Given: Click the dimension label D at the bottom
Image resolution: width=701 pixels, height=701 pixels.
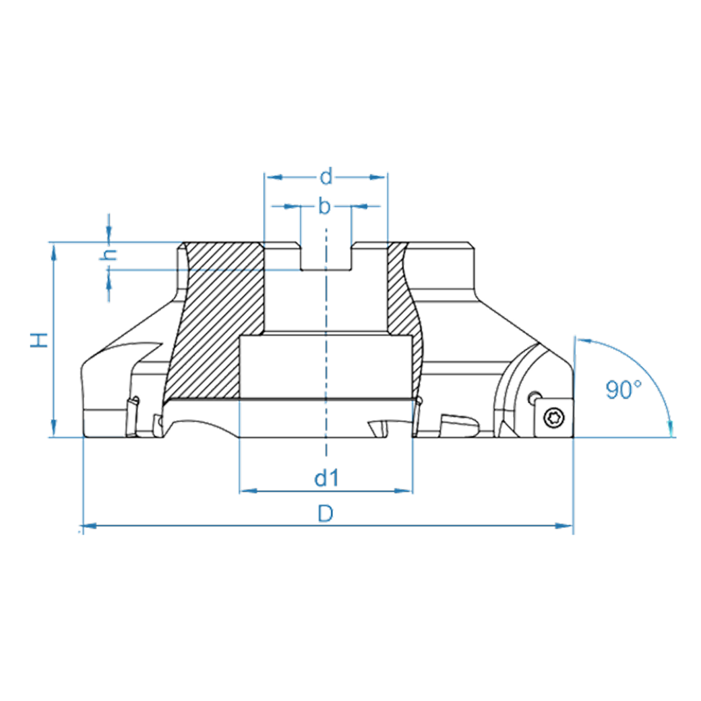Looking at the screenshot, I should (x=326, y=514).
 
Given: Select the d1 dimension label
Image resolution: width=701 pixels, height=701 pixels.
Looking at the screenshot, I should (x=326, y=479).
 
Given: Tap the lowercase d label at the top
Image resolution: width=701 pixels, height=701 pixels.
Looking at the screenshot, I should (x=326, y=177).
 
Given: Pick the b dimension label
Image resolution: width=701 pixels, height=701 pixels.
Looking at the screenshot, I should (x=325, y=207).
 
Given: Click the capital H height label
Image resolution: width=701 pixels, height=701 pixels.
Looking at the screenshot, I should (x=41, y=340).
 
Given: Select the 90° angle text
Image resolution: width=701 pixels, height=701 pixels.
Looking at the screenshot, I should (x=622, y=390).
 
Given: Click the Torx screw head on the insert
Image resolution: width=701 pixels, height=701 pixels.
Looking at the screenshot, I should (x=552, y=418).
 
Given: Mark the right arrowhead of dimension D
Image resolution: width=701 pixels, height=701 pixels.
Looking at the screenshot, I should (x=568, y=525).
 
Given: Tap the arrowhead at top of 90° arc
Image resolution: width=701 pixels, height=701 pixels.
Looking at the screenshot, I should (x=581, y=341).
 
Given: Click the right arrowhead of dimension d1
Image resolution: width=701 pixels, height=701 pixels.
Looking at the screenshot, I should (x=406, y=491).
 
